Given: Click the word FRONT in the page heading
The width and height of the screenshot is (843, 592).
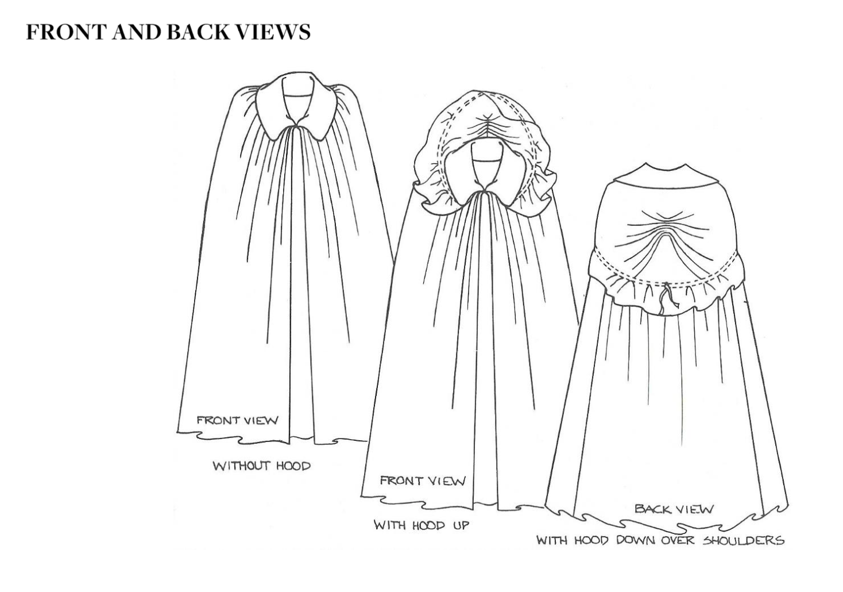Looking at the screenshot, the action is (x=67, y=32).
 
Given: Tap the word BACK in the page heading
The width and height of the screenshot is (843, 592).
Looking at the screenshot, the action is (x=198, y=32).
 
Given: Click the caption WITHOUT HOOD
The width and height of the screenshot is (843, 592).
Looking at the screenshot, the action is (x=262, y=466).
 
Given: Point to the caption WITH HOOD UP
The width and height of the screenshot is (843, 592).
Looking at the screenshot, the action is (x=422, y=525).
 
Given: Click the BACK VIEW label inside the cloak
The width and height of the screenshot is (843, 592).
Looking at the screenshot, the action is (x=674, y=509).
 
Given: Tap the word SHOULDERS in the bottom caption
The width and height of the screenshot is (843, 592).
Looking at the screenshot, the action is (x=744, y=541).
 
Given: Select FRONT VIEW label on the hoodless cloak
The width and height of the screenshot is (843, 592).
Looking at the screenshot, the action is (x=238, y=420).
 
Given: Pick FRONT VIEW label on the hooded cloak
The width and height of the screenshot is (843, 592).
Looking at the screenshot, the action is (x=423, y=480).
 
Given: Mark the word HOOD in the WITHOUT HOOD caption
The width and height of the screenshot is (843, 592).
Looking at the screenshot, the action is (x=294, y=466).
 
